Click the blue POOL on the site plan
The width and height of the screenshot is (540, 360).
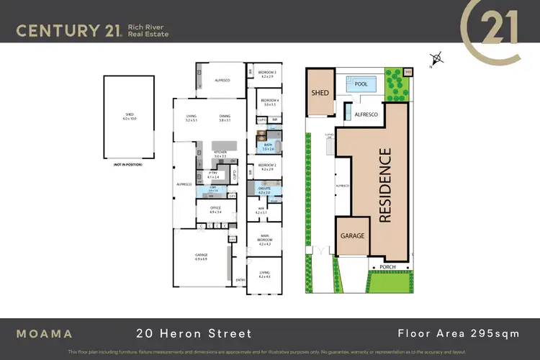point(361,84)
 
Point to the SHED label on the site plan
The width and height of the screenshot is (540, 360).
point(320,93)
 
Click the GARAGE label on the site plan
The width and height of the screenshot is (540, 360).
point(353,236)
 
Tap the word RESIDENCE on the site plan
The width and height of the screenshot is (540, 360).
point(385,184)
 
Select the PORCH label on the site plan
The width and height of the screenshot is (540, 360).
point(388,267)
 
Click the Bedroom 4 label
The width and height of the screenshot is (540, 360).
point(269,102)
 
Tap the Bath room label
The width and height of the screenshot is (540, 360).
point(268,147)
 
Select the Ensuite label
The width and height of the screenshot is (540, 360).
point(264,191)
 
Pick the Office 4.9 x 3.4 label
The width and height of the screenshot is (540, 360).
point(215,210)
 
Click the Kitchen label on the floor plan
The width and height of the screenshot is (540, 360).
point(220,154)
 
